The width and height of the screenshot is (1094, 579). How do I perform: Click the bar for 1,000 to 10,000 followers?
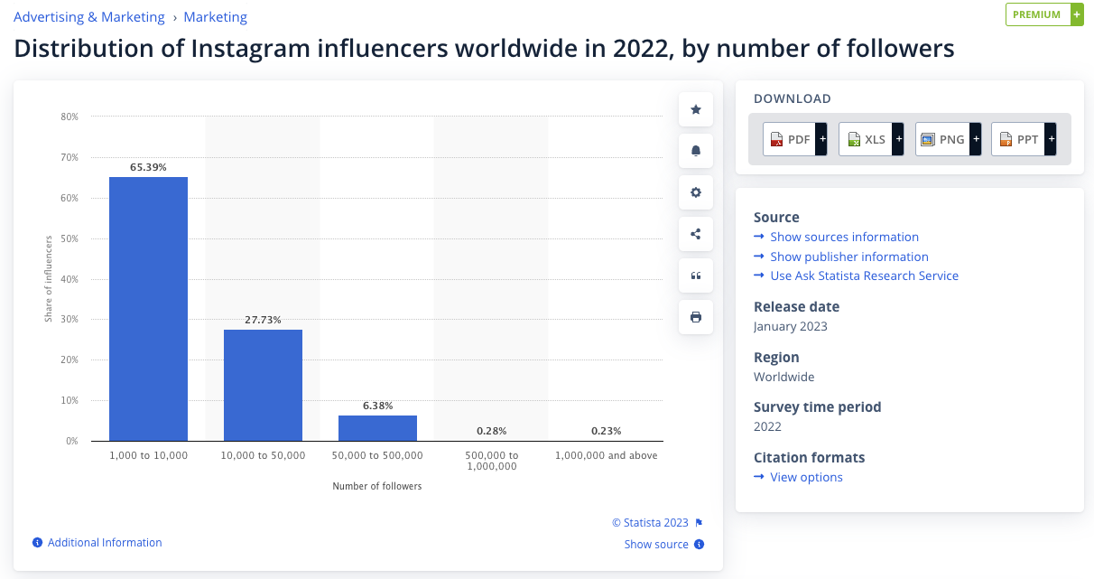(x=148, y=309)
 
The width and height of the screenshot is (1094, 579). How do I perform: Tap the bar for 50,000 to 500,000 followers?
(x=377, y=428)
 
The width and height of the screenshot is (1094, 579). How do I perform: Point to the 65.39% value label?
(x=148, y=167)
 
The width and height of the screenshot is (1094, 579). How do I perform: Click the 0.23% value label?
(x=606, y=431)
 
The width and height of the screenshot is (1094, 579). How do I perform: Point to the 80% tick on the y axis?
(x=70, y=117)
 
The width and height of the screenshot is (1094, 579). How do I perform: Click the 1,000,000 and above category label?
(x=606, y=455)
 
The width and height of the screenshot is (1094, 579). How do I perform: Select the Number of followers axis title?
(x=376, y=486)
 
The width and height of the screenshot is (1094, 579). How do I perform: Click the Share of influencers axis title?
(x=49, y=278)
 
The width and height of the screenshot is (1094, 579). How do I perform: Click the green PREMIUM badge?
(x=1038, y=14)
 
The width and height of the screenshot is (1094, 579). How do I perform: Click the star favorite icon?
(x=696, y=109)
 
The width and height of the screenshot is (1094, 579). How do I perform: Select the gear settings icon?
(x=696, y=192)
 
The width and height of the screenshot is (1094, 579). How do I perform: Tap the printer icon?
(x=696, y=317)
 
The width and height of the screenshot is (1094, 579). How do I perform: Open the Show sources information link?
(x=844, y=237)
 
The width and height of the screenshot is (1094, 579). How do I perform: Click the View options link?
(x=806, y=477)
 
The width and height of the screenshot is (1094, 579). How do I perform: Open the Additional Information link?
(x=105, y=543)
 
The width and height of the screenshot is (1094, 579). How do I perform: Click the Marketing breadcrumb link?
(x=215, y=17)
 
